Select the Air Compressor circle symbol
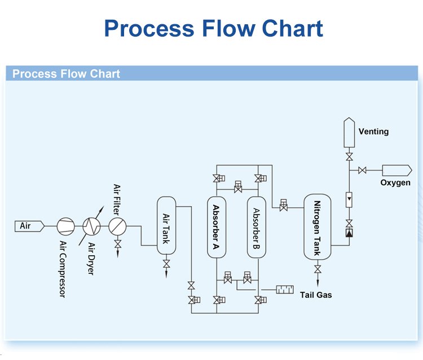(65, 226)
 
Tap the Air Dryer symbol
(91, 226)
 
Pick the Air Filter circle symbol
(118, 226)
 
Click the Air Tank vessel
(166, 227)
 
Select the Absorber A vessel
(217, 227)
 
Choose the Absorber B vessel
(256, 227)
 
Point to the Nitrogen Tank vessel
(318, 227)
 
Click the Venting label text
(373, 131)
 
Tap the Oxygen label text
(395, 183)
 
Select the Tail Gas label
(316, 295)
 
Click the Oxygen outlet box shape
(396, 170)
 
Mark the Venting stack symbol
(349, 132)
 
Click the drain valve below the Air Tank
(166, 264)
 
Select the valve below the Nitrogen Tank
(318, 270)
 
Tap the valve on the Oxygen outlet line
(363, 170)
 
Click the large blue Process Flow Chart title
(213, 28)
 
